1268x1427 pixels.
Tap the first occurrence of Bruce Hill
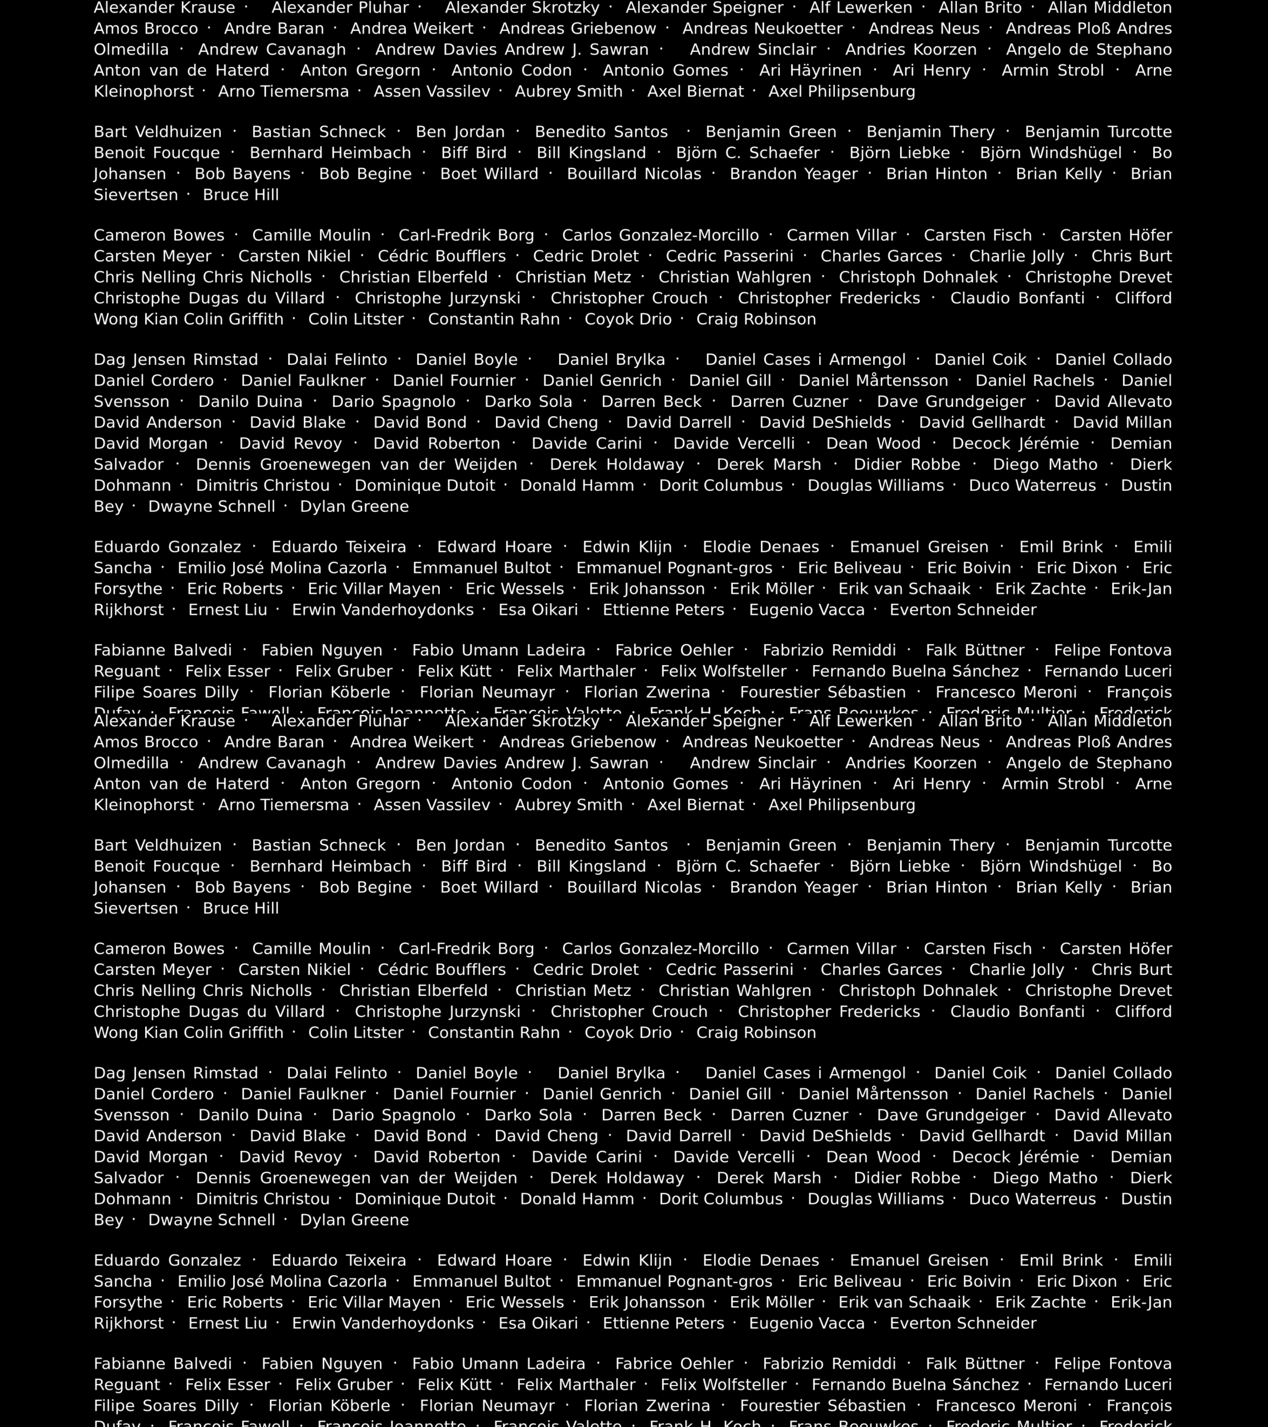(x=241, y=195)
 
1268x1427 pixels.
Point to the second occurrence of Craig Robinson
(x=756, y=1033)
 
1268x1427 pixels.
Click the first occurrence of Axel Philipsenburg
(x=842, y=91)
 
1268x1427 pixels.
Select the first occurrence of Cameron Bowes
(x=159, y=235)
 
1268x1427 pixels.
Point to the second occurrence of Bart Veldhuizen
(x=158, y=845)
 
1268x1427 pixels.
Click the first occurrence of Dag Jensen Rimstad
(x=176, y=360)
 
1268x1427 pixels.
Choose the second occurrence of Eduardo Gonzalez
(x=167, y=1260)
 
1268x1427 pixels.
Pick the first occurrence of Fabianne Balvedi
(x=163, y=650)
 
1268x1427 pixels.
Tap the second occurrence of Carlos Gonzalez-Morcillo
(x=660, y=949)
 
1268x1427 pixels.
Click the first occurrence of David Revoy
(x=290, y=443)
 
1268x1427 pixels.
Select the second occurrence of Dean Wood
(x=873, y=1157)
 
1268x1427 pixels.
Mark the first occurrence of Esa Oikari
(x=538, y=609)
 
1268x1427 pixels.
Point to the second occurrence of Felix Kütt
(x=454, y=1385)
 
